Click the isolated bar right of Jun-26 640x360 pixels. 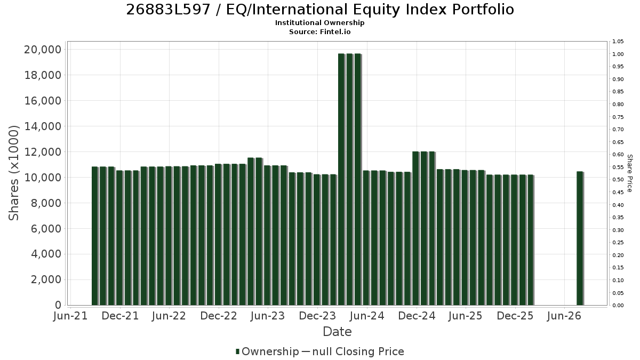click(580, 238)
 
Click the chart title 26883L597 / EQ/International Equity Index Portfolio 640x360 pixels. click(320, 10)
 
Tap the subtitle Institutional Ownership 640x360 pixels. click(319, 23)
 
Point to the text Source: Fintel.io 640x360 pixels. click(319, 31)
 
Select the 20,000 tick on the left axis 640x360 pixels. click(43, 50)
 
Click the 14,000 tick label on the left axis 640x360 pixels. click(43, 126)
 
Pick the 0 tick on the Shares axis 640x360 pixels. click(58, 305)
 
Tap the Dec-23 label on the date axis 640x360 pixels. click(317, 316)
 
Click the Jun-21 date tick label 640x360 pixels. click(70, 316)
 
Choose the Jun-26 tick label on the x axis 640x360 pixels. click(564, 316)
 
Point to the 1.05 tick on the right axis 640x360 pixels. click(618, 42)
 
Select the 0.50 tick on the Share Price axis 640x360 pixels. click(618, 180)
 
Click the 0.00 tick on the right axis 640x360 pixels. click(618, 306)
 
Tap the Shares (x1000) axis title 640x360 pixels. click(13, 173)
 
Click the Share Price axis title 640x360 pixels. click(630, 173)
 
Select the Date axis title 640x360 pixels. click(337, 332)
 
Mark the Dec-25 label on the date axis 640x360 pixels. click(515, 316)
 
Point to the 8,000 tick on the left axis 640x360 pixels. click(46, 203)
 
